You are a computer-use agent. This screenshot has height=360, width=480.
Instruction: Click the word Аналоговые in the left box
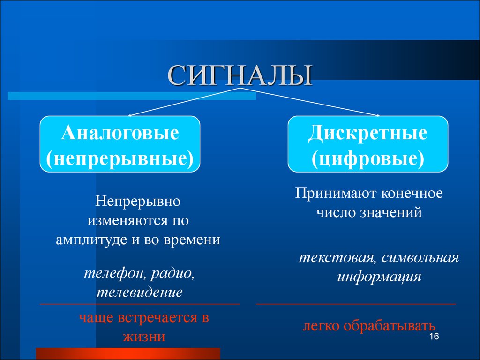pos(120,133)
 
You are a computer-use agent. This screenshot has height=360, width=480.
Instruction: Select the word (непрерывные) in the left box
pos(120,158)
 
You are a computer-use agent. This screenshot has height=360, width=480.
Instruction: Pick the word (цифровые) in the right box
pos(367,158)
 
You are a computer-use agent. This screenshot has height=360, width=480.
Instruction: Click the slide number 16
pos(434,336)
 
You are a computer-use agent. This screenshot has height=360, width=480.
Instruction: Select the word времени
pos(192,240)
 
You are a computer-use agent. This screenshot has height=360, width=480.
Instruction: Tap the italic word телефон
pos(115,273)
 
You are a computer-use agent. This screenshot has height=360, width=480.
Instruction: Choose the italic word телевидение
pos(140,292)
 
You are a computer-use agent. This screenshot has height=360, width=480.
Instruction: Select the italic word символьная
pos(420,258)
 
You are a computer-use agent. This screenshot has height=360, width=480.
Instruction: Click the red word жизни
pos(144,337)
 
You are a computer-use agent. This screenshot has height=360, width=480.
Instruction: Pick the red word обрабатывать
pos(390,326)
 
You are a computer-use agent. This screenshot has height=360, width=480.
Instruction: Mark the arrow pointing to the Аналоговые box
pos(184,102)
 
